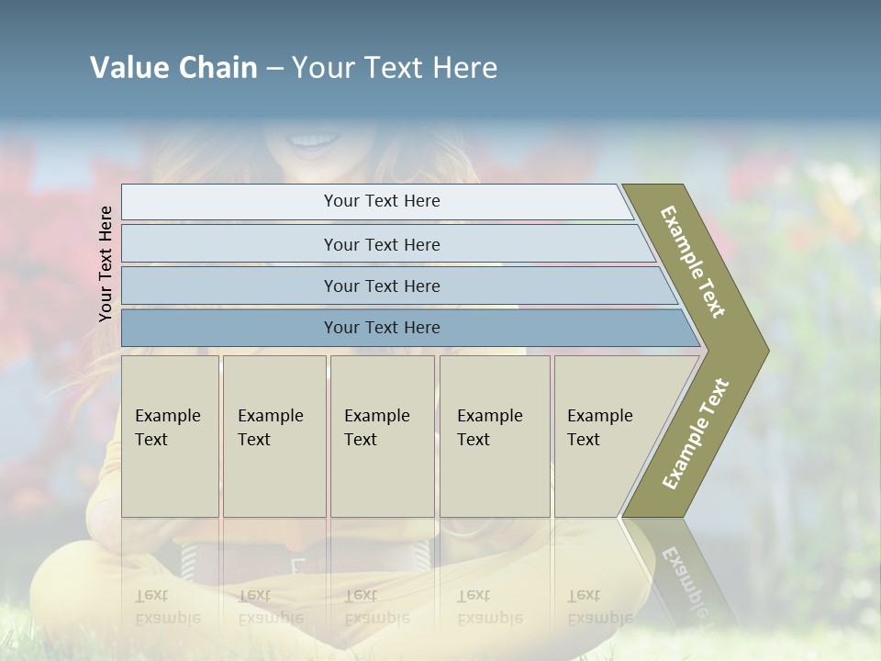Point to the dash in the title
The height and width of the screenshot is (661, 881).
(x=274, y=69)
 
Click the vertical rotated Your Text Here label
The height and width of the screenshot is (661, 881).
(x=106, y=263)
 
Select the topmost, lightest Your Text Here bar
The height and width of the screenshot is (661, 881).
(x=381, y=201)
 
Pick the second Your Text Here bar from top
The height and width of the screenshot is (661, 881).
(x=381, y=244)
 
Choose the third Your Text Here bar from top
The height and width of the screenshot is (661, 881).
(x=381, y=286)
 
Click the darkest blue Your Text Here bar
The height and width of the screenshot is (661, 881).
(x=381, y=328)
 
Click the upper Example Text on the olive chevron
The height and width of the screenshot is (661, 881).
(x=693, y=262)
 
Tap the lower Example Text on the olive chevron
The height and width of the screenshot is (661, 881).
(x=696, y=433)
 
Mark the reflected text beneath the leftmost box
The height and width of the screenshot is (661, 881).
(x=168, y=606)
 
